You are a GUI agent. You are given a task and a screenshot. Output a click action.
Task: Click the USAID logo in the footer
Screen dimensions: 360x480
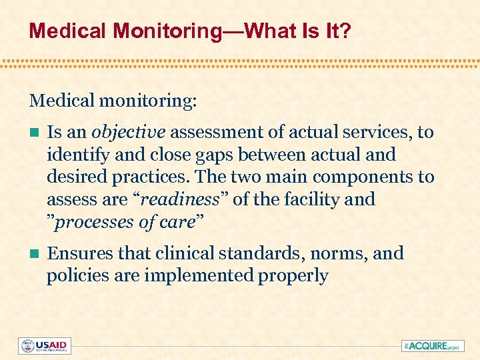pos(45,346)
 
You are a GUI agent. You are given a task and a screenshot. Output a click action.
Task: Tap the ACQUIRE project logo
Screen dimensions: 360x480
pos(431,346)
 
